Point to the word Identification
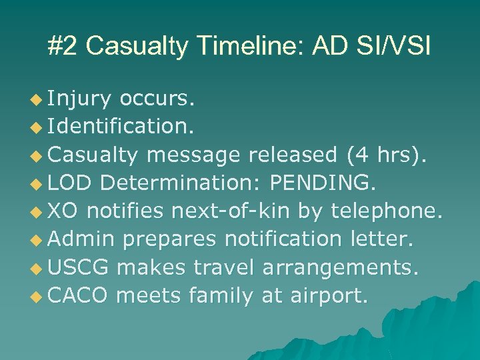121,127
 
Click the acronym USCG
79,267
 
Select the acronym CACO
79,295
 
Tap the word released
293,155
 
